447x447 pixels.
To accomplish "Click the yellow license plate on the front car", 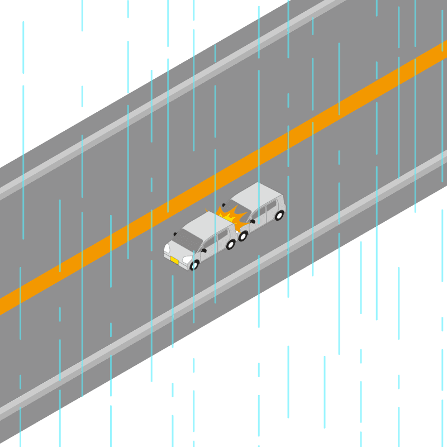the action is pyautogui.click(x=174, y=260).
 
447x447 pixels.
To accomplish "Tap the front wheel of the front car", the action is pyautogui.click(x=194, y=265).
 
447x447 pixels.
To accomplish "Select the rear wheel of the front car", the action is pyautogui.click(x=230, y=244).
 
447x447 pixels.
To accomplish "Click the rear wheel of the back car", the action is pyautogui.click(x=279, y=215).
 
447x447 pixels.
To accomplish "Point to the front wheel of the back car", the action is pyautogui.click(x=243, y=236).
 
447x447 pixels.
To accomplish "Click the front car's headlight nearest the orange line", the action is pyautogui.click(x=167, y=248).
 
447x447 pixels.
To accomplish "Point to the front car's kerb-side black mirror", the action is pyautogui.click(x=203, y=250).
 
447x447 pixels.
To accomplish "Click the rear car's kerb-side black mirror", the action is pyautogui.click(x=253, y=221).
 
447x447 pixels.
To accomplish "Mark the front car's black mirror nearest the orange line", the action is pyautogui.click(x=175, y=234).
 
